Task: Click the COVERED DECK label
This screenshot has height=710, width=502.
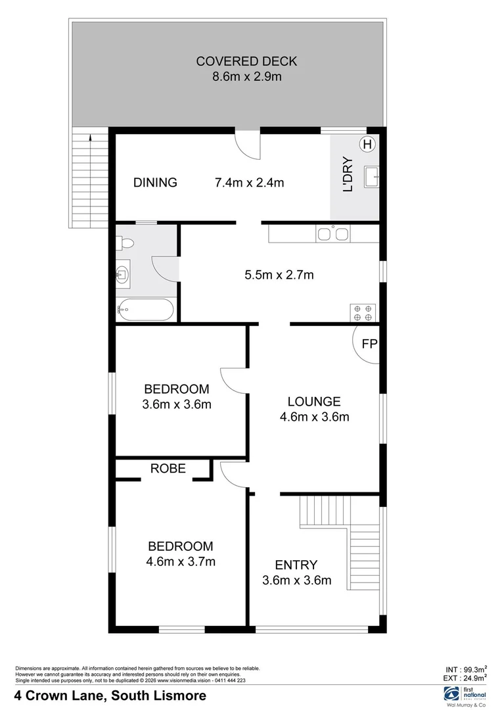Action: pyautogui.click(x=246, y=62)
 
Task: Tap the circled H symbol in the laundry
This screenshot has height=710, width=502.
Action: pyautogui.click(x=367, y=144)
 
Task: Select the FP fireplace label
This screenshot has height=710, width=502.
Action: pyautogui.click(x=369, y=343)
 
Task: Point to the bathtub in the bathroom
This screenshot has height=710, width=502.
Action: pyautogui.click(x=146, y=308)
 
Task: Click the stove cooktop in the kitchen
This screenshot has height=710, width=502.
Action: pyautogui.click(x=363, y=312)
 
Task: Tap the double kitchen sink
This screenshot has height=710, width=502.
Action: pyautogui.click(x=333, y=233)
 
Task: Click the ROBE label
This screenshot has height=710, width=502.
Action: pyautogui.click(x=168, y=469)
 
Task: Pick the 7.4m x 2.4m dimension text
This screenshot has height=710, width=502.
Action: pyautogui.click(x=250, y=183)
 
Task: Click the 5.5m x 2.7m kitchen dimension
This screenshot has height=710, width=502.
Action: pyautogui.click(x=279, y=275)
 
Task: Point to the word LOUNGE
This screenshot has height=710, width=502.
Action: pyautogui.click(x=314, y=402)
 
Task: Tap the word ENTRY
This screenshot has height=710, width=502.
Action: pyautogui.click(x=296, y=565)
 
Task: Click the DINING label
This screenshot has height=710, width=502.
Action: pyautogui.click(x=155, y=183)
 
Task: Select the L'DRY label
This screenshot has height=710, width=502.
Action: pyautogui.click(x=348, y=174)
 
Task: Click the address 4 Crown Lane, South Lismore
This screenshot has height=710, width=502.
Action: pyautogui.click(x=110, y=696)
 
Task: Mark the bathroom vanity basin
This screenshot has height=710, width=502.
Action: pyautogui.click(x=123, y=272)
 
